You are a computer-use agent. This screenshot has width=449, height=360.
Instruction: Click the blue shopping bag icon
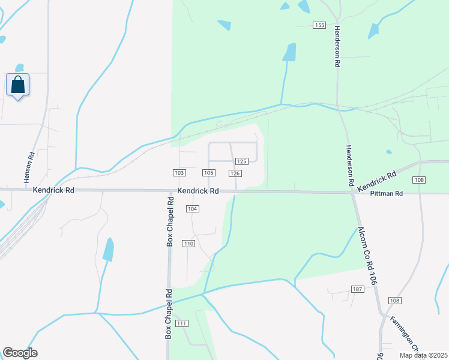point(18,85)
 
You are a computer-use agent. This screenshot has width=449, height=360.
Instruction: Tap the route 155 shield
point(319,25)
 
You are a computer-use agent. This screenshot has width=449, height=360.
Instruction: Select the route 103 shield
point(178,173)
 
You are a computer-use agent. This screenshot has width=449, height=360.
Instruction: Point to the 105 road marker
point(208,173)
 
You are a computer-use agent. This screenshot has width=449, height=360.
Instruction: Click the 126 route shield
point(235,173)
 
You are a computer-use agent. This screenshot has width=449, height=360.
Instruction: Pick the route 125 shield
point(242,161)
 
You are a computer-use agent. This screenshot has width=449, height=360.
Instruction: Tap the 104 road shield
point(192,208)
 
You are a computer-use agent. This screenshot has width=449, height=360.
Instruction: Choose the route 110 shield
point(188,243)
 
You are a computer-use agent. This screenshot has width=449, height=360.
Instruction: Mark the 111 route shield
point(182,323)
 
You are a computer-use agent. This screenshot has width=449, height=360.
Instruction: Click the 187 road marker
point(358,289)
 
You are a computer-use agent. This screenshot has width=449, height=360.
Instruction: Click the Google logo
point(20,353)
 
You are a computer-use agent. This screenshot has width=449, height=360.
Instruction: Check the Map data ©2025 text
point(423,355)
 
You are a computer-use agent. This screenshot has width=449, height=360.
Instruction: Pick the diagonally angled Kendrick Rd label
point(376,182)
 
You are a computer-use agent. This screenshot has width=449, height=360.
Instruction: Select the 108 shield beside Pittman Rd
point(419,180)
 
